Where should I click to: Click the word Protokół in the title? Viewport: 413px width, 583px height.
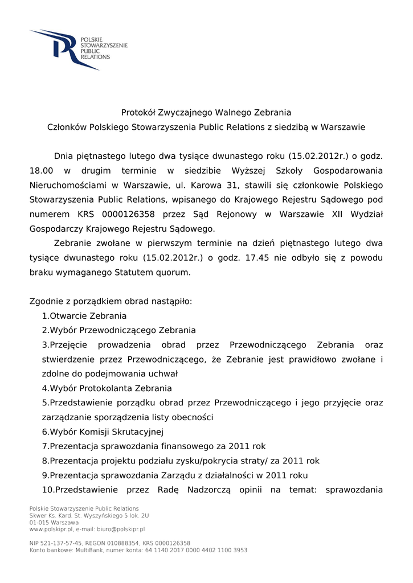point(138,113)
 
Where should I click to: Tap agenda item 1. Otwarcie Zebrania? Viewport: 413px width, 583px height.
point(84,315)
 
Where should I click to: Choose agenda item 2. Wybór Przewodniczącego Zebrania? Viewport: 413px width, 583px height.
point(118,330)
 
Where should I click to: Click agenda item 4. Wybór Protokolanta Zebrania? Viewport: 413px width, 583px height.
point(107,388)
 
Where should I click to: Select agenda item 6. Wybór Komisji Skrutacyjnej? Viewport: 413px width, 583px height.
point(103,432)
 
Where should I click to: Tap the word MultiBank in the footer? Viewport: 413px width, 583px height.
point(91,551)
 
